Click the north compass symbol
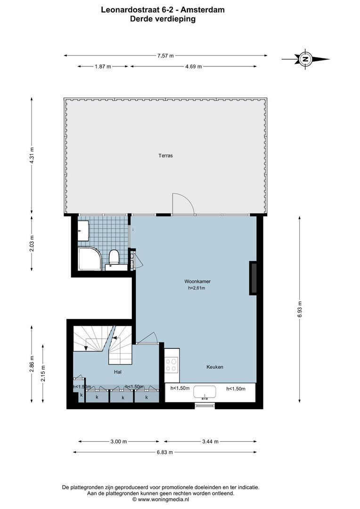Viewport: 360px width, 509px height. [x=306, y=59]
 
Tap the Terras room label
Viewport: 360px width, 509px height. [x=165, y=155]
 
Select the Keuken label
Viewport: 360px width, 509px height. [x=214, y=367]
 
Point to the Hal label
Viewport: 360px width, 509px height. [x=118, y=372]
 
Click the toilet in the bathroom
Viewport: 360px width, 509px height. [x=114, y=258]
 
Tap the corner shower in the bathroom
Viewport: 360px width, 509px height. [x=89, y=258]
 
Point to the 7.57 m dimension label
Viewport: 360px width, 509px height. [x=165, y=56]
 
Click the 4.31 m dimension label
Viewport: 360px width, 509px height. [x=32, y=155]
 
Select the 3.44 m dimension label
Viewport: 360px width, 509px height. [x=210, y=442]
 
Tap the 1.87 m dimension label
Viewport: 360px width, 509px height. [x=103, y=66]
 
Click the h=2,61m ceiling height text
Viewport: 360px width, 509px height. [x=196, y=288]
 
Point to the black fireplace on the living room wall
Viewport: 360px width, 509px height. [x=253, y=278]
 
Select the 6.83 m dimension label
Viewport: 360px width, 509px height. [x=164, y=452]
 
